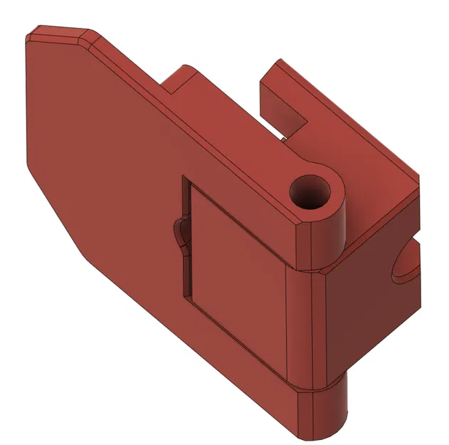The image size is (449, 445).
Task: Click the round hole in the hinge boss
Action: click(x=311, y=192)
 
